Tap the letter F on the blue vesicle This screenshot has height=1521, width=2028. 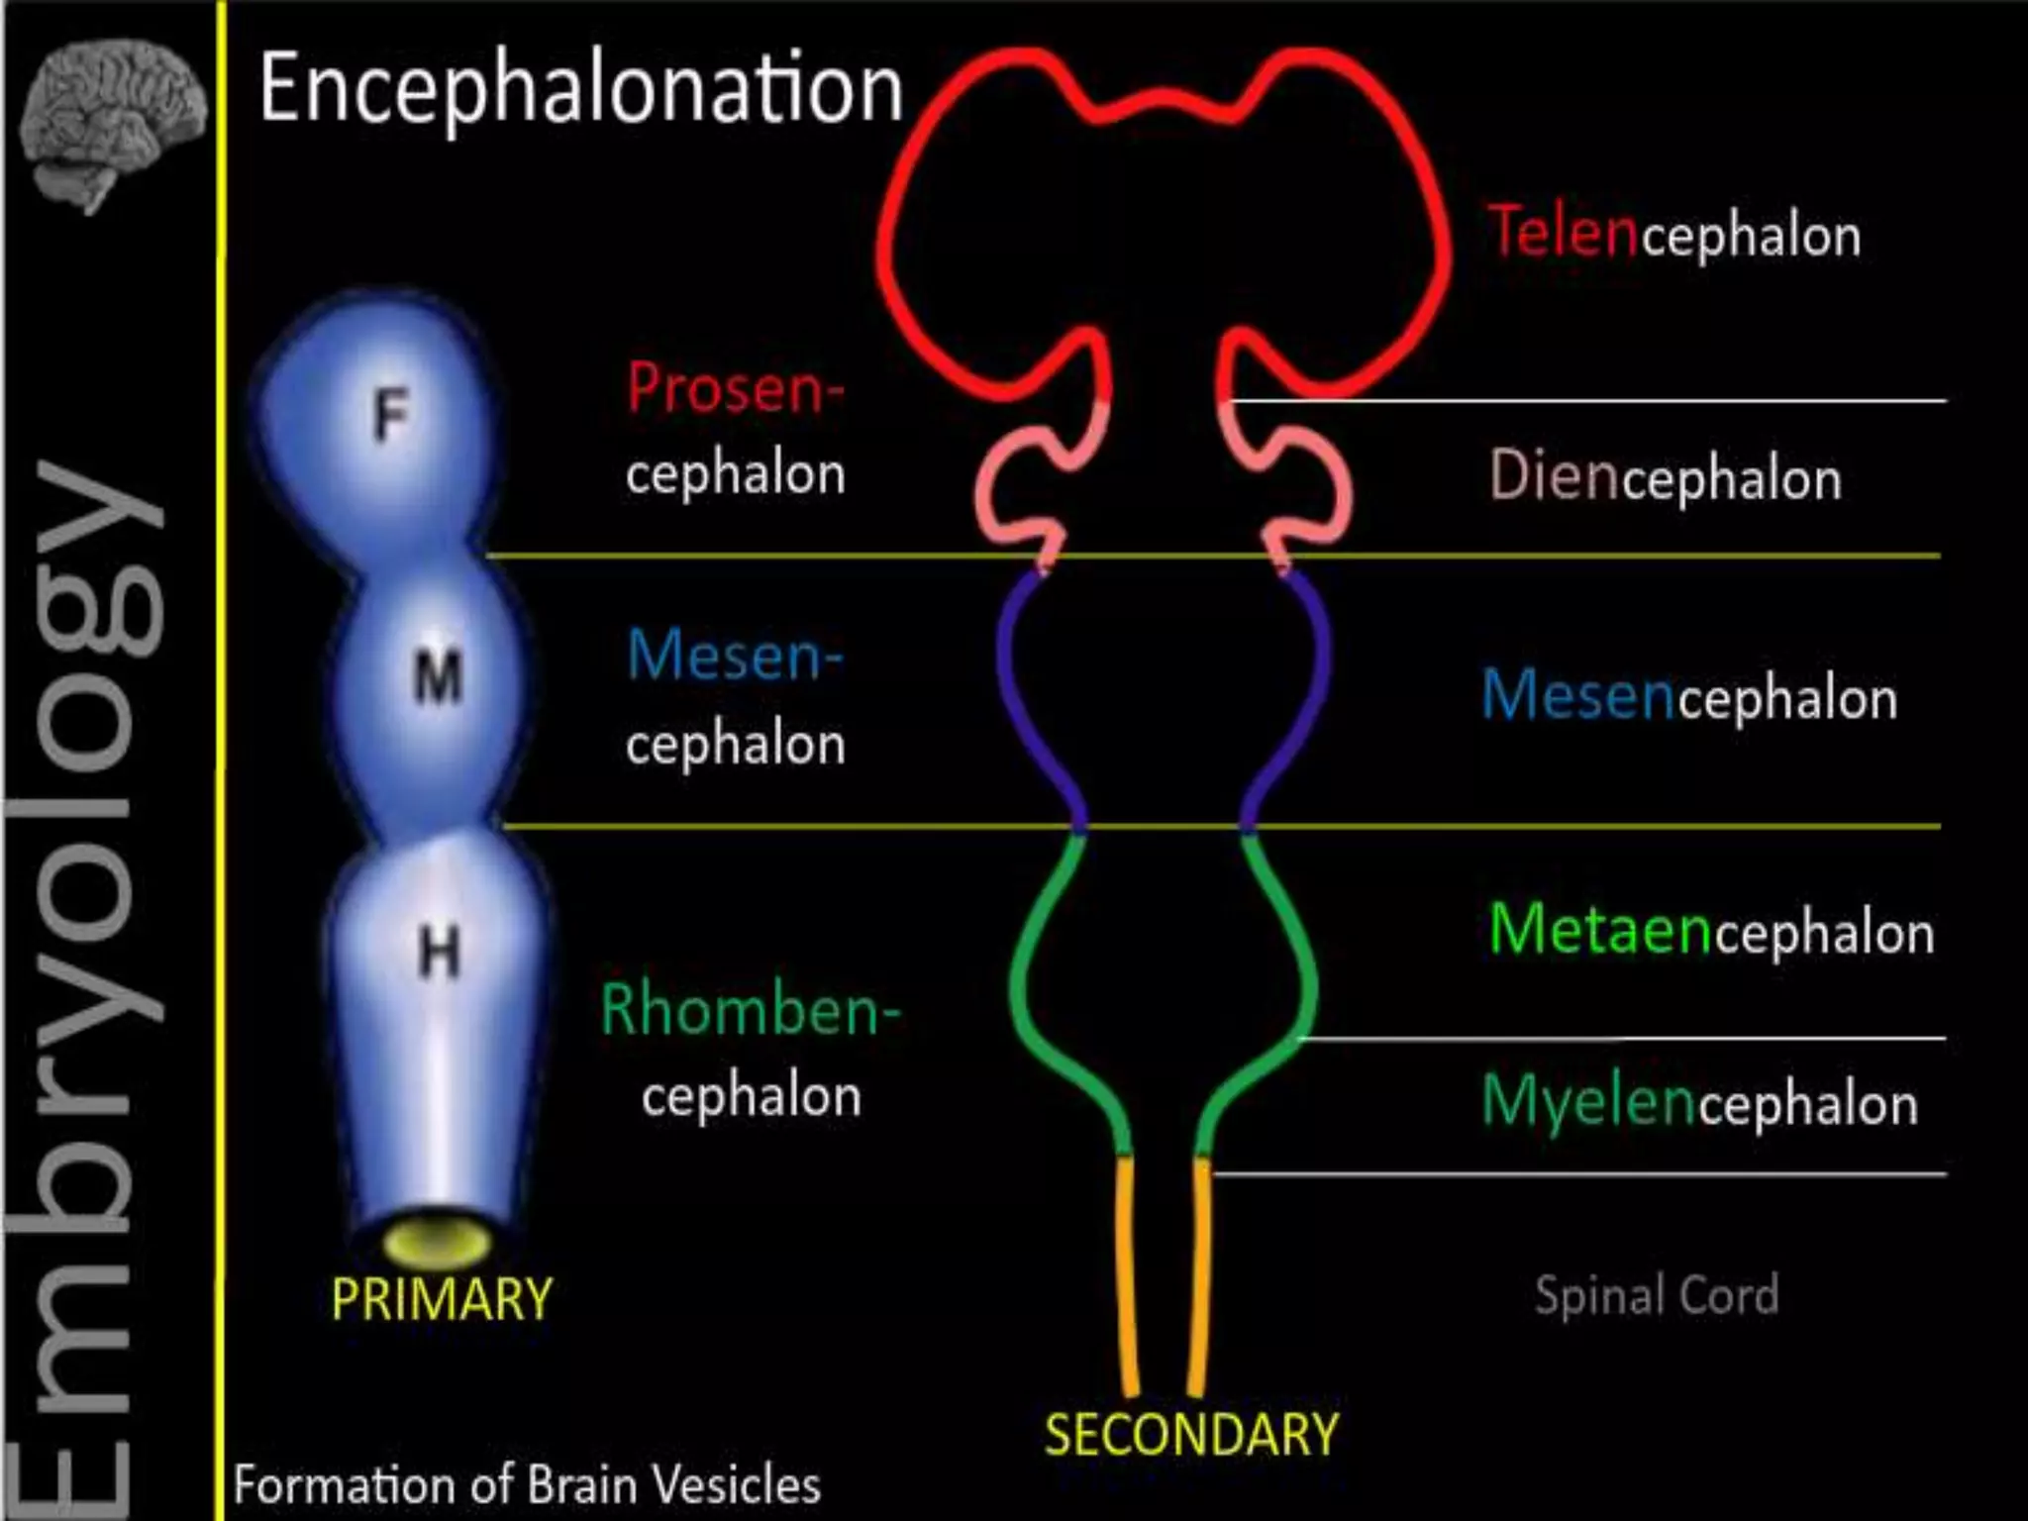pyautogui.click(x=392, y=415)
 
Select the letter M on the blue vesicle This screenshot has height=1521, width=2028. pyautogui.click(x=438, y=677)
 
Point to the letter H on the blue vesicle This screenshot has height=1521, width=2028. pyautogui.click(x=439, y=953)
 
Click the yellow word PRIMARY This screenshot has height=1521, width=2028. pyautogui.click(x=442, y=1299)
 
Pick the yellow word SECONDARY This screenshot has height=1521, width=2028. pyautogui.click(x=1191, y=1435)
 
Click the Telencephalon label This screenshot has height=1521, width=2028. pyautogui.click(x=1674, y=235)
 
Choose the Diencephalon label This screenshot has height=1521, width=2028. pyautogui.click(x=1666, y=478)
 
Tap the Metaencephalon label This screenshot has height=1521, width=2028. pyautogui.click(x=1711, y=932)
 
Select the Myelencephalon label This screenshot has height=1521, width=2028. pyautogui.click(x=1699, y=1103)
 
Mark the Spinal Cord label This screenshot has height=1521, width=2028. pyautogui.click(x=1657, y=1295)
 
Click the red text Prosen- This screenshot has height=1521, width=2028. pyautogui.click(x=736, y=388)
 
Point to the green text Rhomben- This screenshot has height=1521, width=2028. pyautogui.click(x=751, y=1010)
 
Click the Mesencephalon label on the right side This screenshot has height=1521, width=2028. pyautogui.click(x=1689, y=696)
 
